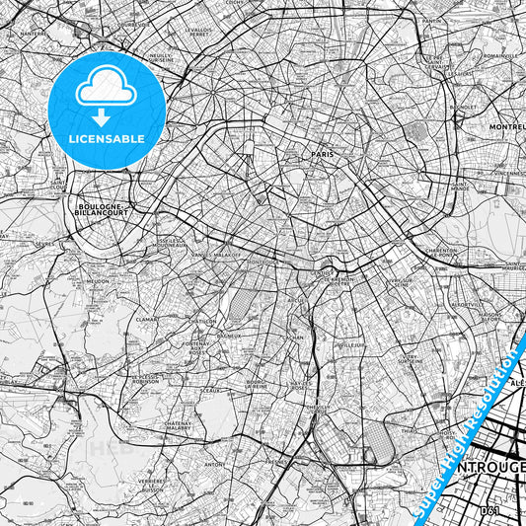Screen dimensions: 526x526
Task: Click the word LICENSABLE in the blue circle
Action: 107,139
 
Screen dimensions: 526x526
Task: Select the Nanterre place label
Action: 35,33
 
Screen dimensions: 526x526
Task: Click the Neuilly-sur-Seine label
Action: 161,57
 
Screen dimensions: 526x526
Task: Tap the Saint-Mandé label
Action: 460,184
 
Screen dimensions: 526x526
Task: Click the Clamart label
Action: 147,319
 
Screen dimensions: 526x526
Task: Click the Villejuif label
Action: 351,345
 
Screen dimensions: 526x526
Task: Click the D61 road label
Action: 486,509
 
